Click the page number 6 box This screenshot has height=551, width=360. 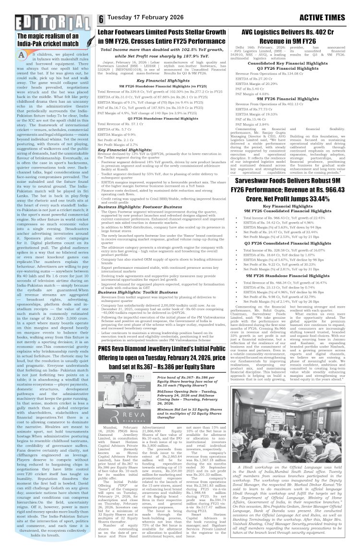click(x=101, y=19)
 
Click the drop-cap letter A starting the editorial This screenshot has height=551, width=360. click(x=22, y=55)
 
